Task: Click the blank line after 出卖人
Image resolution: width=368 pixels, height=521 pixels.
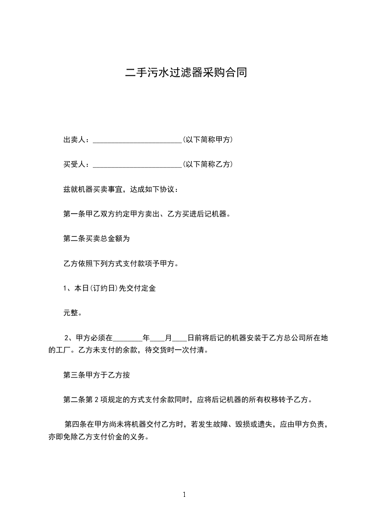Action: coord(137,140)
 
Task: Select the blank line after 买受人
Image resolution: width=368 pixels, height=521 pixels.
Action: coord(137,164)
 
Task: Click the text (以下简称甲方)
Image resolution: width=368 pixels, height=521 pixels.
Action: coord(207,140)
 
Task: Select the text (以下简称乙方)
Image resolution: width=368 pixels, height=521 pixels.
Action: coord(207,164)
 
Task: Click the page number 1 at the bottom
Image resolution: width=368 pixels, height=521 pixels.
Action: coord(184,495)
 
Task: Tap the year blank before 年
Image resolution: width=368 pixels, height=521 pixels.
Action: coord(127,338)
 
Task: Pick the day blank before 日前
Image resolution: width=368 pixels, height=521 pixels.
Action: coord(179,338)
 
